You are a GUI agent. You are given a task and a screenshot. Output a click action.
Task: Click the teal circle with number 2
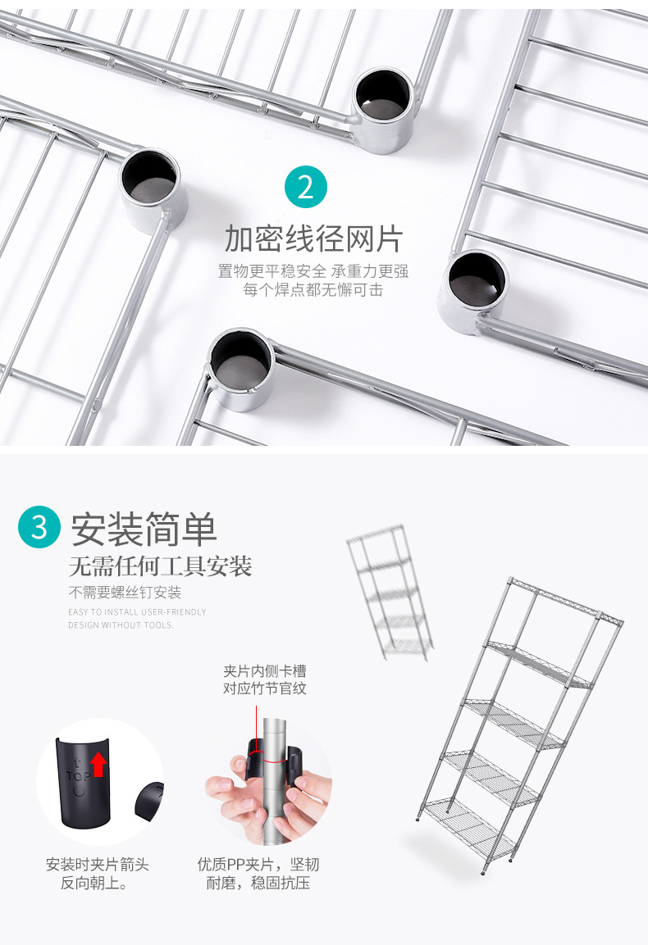coord(306,187)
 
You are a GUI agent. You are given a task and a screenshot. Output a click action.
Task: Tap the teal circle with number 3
coord(39,527)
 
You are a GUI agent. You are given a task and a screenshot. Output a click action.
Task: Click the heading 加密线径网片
coord(314,239)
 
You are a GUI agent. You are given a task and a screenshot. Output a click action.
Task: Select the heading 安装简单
coord(144,529)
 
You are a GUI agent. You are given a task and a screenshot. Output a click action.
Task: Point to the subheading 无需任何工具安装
coord(160,566)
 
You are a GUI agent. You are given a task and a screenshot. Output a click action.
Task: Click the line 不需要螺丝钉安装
coord(125,593)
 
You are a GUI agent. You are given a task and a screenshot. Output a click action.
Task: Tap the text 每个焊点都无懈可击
coord(313,289)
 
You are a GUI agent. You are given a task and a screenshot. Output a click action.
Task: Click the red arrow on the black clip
coord(98,765)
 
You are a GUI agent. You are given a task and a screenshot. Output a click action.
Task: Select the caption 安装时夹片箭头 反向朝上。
coord(98,874)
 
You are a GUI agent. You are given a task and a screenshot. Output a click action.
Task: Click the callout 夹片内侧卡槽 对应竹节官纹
coord(265,679)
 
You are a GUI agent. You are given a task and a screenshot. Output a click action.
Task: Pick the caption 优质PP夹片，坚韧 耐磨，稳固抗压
coord(258,874)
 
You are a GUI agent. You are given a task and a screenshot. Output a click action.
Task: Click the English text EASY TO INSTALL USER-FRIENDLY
coord(137,612)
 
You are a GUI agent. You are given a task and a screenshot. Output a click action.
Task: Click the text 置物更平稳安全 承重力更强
coord(313,271)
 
